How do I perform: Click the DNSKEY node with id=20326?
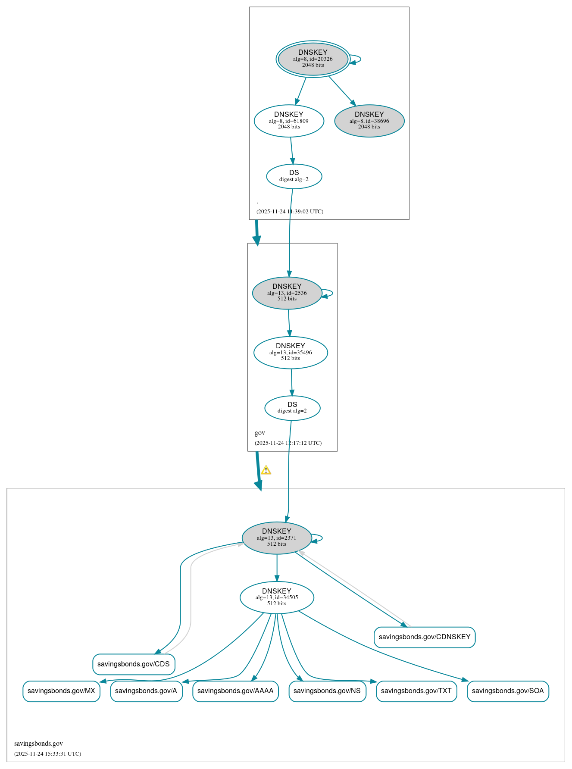tap(313, 59)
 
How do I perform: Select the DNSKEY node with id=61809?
tap(289, 121)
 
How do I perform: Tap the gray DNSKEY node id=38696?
tap(369, 121)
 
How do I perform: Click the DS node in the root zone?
tap(294, 176)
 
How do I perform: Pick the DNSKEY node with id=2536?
tap(287, 293)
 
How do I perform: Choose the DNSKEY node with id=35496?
tap(291, 353)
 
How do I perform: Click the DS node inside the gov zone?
tap(292, 408)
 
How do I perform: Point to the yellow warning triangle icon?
tap(266, 470)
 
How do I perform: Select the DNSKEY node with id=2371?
tap(277, 538)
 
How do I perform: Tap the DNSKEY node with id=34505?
tap(277, 597)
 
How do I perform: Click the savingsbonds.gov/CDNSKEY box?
tap(425, 637)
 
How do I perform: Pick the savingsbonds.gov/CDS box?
tap(134, 664)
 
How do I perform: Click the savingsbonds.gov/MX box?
tap(61, 691)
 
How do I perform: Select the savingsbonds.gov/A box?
tap(146, 691)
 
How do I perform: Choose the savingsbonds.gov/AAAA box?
tap(235, 691)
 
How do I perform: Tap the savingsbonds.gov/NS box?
tap(327, 691)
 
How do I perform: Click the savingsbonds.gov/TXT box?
tap(416, 691)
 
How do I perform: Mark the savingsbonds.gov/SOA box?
tap(508, 691)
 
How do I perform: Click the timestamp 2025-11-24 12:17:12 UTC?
tap(288, 443)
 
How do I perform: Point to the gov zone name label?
tap(260, 433)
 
